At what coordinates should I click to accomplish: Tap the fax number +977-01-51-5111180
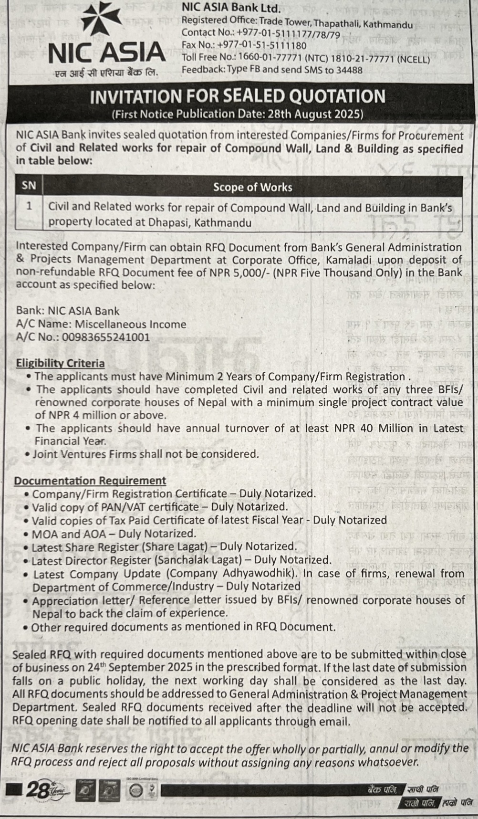(x=261, y=46)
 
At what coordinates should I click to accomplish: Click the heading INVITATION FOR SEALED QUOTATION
(x=238, y=96)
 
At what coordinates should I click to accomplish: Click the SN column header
(x=29, y=186)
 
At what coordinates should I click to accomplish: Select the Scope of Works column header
(x=252, y=187)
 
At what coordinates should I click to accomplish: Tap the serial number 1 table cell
(x=29, y=206)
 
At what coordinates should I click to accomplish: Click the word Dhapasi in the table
(x=169, y=222)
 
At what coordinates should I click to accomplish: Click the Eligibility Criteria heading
(x=60, y=363)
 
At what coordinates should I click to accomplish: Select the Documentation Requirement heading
(x=90, y=481)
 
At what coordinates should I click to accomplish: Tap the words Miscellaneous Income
(x=131, y=325)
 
